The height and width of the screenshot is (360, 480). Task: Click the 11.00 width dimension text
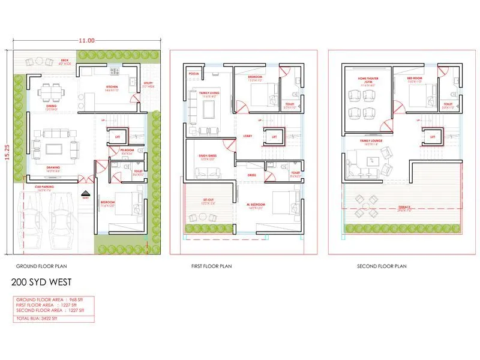coord(86,41)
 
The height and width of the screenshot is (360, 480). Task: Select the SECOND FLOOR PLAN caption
coord(382,266)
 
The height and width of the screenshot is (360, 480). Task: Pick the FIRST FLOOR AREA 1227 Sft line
coord(49,304)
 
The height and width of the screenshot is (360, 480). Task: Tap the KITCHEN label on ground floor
coord(112,87)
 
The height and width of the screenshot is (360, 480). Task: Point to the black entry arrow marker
coord(85,193)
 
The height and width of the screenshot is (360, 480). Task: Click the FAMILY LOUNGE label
coord(369,142)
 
